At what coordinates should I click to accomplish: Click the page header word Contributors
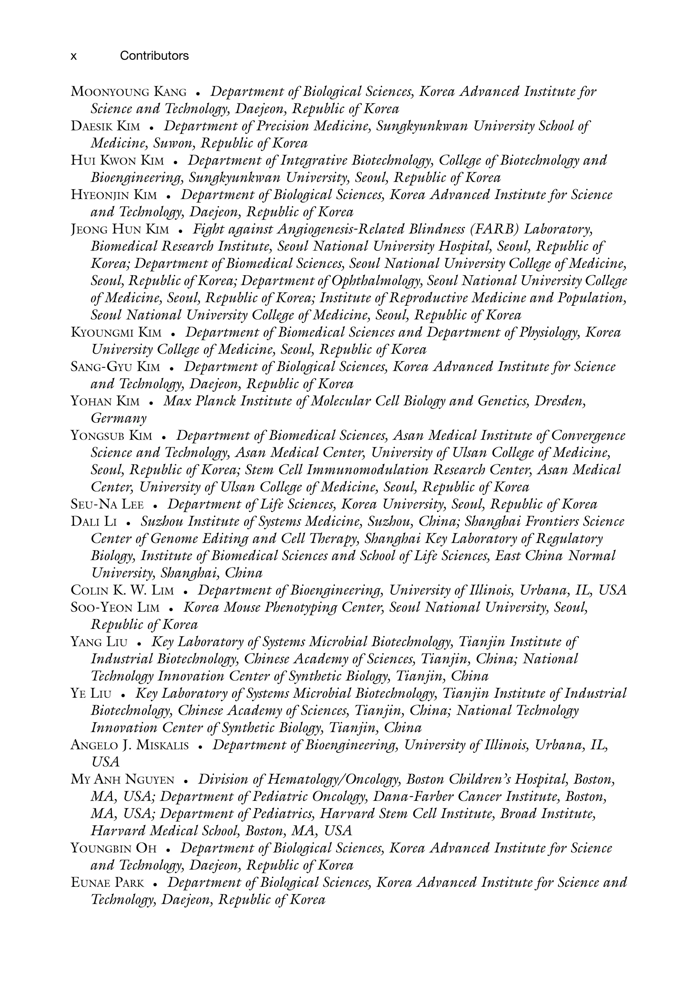(x=154, y=56)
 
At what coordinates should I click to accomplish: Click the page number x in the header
(x=74, y=56)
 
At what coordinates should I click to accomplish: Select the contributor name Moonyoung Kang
(x=128, y=92)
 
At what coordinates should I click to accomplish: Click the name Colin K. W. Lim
(x=122, y=591)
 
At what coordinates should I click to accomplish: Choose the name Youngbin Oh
(x=113, y=848)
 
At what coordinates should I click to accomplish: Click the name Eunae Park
(x=107, y=883)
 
